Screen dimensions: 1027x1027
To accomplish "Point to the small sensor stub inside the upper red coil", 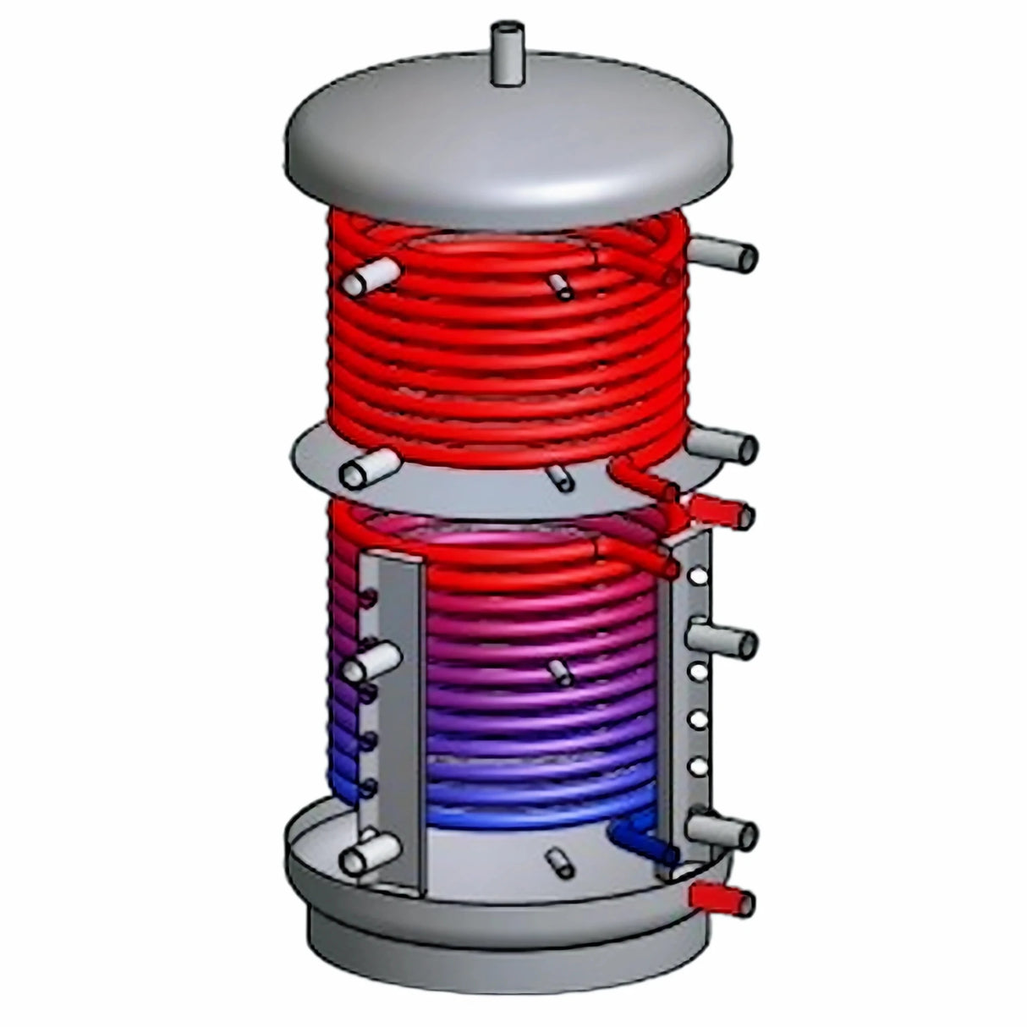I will pyautogui.click(x=560, y=285).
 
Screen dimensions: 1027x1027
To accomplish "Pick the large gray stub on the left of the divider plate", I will pyautogui.click(x=369, y=467).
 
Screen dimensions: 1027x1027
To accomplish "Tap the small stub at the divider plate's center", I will pyautogui.click(x=560, y=476).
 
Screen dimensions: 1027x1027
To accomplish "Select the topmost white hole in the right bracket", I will pyautogui.click(x=698, y=577).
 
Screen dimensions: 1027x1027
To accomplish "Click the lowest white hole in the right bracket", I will pyautogui.click(x=698, y=766).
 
